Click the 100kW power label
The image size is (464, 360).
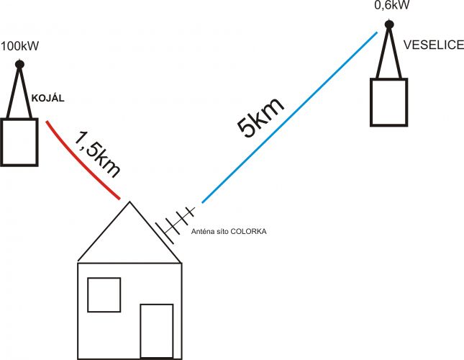click(x=20, y=46)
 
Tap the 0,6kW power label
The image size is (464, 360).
click(x=392, y=5)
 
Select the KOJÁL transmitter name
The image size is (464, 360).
click(x=48, y=99)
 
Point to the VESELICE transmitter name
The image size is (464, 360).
click(x=434, y=45)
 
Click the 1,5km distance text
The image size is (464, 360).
click(x=97, y=154)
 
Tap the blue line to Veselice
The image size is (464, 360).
click(x=289, y=117)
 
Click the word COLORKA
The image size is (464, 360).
click(x=248, y=232)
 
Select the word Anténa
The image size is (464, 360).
click(x=201, y=232)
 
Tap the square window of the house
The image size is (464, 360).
click(x=104, y=294)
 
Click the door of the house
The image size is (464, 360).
click(x=157, y=331)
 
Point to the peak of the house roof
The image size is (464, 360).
click(x=129, y=202)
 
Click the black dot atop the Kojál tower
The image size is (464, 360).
click(x=19, y=64)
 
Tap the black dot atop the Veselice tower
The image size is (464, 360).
click(x=389, y=24)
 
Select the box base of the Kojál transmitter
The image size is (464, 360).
click(x=19, y=142)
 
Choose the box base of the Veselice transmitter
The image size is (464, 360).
click(x=389, y=102)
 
